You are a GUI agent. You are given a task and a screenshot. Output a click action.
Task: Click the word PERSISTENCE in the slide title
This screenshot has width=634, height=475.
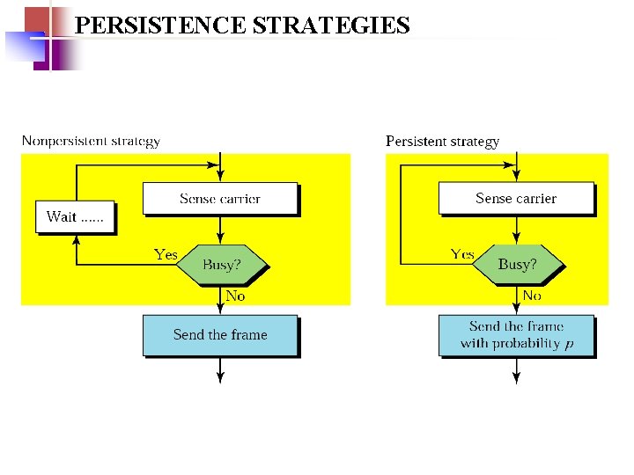[x=161, y=26]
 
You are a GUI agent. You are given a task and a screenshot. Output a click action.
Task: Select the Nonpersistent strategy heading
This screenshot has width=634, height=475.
[x=91, y=141]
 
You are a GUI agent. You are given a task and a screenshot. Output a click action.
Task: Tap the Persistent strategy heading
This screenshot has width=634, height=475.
[x=442, y=141]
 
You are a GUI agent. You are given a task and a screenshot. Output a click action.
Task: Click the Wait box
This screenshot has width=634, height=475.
[x=75, y=217]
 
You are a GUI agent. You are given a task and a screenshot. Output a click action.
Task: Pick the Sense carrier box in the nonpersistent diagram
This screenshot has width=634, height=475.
[x=220, y=199]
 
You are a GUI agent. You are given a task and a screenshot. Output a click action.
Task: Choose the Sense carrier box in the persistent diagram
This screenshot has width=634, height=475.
[x=516, y=199]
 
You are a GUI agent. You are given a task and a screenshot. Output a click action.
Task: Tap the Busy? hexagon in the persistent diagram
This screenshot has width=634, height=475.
[x=517, y=264]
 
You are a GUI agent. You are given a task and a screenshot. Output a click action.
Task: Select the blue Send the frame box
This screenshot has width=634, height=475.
[x=220, y=335]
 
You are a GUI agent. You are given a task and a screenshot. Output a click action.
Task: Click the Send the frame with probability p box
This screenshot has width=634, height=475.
[x=516, y=335]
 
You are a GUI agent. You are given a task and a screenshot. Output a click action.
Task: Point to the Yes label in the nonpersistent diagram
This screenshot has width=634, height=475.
[x=166, y=255]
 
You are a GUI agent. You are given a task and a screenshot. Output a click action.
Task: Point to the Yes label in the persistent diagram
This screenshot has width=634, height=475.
[x=462, y=255]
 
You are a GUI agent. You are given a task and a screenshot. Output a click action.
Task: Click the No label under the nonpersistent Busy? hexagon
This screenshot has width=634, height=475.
[x=235, y=296]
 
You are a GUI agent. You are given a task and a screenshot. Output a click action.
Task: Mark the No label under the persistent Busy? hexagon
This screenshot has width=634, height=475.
[x=532, y=296]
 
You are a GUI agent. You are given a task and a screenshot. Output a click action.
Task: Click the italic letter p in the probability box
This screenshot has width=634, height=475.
[x=569, y=344]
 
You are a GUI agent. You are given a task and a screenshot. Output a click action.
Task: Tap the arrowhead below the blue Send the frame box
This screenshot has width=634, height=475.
[x=220, y=378]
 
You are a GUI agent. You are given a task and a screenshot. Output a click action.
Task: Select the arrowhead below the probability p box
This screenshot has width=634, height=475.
[x=516, y=378]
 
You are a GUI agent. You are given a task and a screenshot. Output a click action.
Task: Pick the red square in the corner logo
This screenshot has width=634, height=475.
[x=36, y=19]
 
